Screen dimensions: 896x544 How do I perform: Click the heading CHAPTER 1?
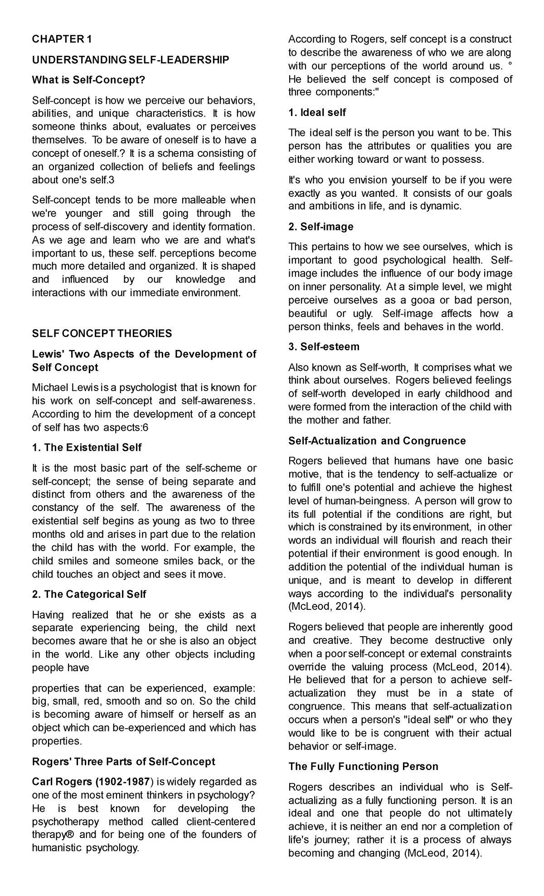click(62, 39)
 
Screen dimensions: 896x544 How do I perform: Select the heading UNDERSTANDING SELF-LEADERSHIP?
click(131, 60)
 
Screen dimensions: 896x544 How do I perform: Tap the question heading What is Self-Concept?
click(88, 80)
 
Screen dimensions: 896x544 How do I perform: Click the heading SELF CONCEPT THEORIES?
click(102, 334)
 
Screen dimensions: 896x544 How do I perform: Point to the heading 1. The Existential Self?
click(87, 448)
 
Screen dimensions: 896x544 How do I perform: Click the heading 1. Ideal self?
click(317, 112)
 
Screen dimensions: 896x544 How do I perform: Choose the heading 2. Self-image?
click(321, 226)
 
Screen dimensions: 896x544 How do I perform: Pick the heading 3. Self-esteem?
click(324, 347)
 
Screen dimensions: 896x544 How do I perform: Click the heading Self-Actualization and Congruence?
click(377, 441)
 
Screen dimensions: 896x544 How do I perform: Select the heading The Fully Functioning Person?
click(363, 767)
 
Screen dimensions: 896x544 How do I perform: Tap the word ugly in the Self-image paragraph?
click(362, 314)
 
